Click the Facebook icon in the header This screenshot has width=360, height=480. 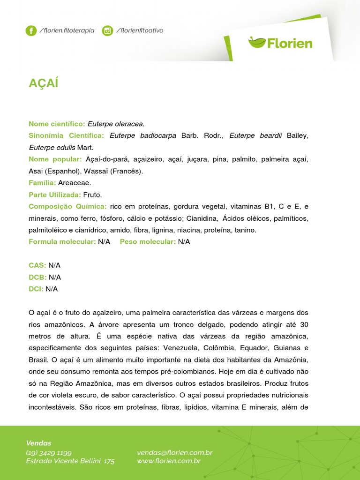(x=31, y=31)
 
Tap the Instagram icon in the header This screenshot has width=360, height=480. (x=107, y=31)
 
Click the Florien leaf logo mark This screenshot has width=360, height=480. (x=256, y=43)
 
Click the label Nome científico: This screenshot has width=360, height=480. (x=57, y=124)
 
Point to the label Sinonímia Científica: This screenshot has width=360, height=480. (x=66, y=135)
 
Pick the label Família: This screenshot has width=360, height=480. (x=42, y=182)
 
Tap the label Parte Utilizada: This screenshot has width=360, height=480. (x=55, y=195)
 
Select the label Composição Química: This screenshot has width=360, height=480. (x=67, y=206)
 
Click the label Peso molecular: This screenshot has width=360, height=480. (x=148, y=242)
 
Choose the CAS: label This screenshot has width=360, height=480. (x=37, y=265)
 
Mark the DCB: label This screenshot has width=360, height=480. (x=37, y=277)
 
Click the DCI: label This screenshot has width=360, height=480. (x=36, y=289)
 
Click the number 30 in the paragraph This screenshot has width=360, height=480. (x=304, y=325)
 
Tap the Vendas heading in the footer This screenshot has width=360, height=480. (x=38, y=443)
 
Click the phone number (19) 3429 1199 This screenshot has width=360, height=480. (x=49, y=452)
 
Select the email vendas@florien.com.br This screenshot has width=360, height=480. (x=174, y=452)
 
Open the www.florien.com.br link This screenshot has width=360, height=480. (x=169, y=461)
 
